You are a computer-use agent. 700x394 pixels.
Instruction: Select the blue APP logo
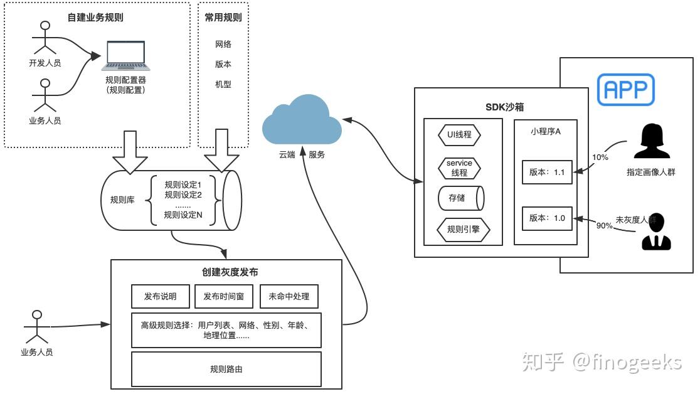click(625, 89)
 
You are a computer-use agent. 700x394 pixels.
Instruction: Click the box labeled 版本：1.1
click(547, 172)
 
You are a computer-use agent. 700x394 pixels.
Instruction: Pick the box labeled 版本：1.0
click(547, 218)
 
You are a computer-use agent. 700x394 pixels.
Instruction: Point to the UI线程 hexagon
click(459, 135)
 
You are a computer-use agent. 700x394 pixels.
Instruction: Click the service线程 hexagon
click(459, 168)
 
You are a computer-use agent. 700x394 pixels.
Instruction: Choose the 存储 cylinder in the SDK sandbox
click(460, 198)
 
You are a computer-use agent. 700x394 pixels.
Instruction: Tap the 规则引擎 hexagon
click(463, 230)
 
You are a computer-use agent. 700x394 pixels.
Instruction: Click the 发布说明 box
click(160, 297)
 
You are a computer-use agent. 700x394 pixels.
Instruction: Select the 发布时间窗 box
click(224, 297)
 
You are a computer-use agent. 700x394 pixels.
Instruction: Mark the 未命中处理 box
click(289, 297)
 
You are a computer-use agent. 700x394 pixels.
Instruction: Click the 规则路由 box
click(226, 369)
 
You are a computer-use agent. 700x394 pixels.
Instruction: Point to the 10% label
click(600, 157)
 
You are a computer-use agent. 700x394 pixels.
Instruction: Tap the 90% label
click(605, 225)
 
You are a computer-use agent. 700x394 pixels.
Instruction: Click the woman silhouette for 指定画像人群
click(650, 142)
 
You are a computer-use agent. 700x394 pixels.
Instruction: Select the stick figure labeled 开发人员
click(44, 38)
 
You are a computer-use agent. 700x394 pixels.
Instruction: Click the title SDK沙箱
click(501, 107)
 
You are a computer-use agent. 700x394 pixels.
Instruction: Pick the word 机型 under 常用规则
click(223, 84)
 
